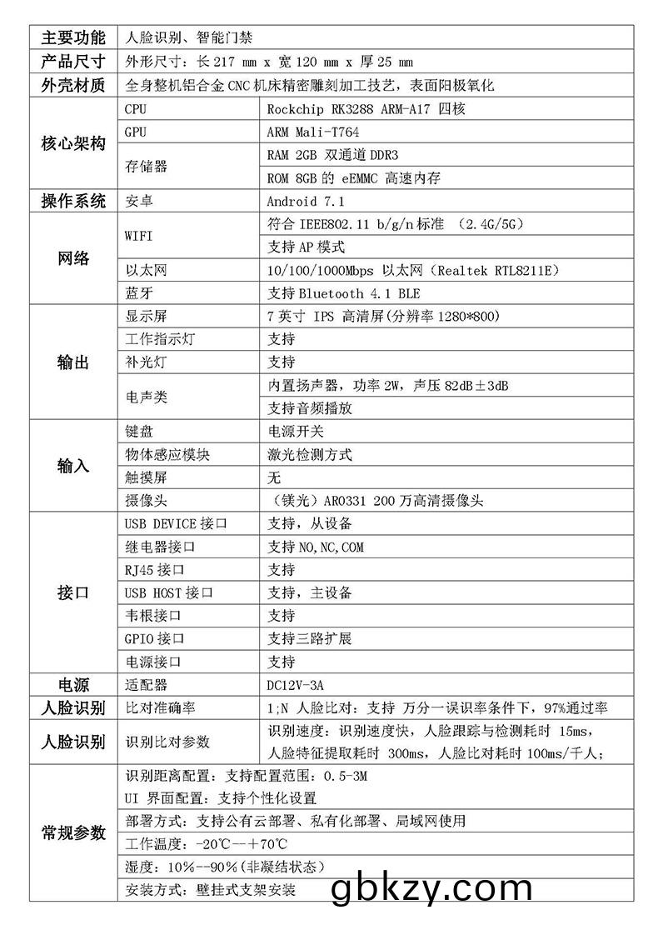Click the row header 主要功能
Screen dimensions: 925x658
(x=73, y=37)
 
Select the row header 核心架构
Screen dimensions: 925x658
(x=73, y=143)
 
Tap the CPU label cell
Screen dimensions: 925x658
(x=135, y=109)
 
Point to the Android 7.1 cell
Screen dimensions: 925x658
(x=306, y=201)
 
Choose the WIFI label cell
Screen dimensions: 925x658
(x=139, y=236)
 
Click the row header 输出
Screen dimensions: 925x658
(x=73, y=362)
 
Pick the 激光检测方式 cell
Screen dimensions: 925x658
(x=310, y=454)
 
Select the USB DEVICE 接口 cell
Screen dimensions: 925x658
(x=176, y=523)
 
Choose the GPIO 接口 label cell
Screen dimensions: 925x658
(x=154, y=639)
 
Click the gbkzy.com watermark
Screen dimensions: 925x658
(x=431, y=890)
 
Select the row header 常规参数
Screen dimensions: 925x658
(x=73, y=832)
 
